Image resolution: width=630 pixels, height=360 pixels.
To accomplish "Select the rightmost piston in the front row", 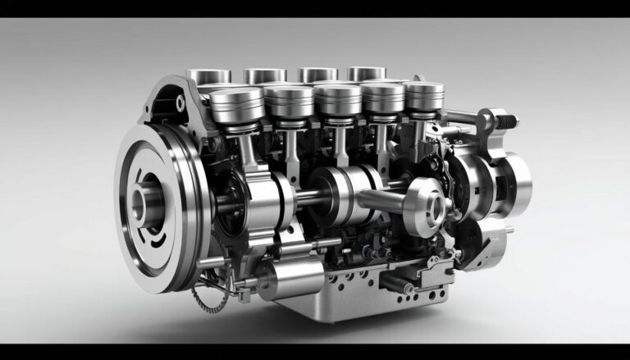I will (x=424, y=97).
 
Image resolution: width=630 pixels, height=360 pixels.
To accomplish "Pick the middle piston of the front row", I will (x=337, y=100).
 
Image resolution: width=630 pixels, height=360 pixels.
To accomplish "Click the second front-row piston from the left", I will (x=288, y=102).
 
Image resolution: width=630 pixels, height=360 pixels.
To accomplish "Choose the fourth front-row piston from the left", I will (x=383, y=98).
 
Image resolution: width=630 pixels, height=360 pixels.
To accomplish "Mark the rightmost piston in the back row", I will (x=366, y=74).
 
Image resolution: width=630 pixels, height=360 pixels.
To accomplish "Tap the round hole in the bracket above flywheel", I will (x=180, y=103).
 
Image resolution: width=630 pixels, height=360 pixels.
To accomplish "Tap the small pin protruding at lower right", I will (x=510, y=230).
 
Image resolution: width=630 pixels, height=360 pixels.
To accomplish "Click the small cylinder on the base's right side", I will (x=399, y=284).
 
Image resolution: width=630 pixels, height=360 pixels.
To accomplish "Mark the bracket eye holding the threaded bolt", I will (x=486, y=121).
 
